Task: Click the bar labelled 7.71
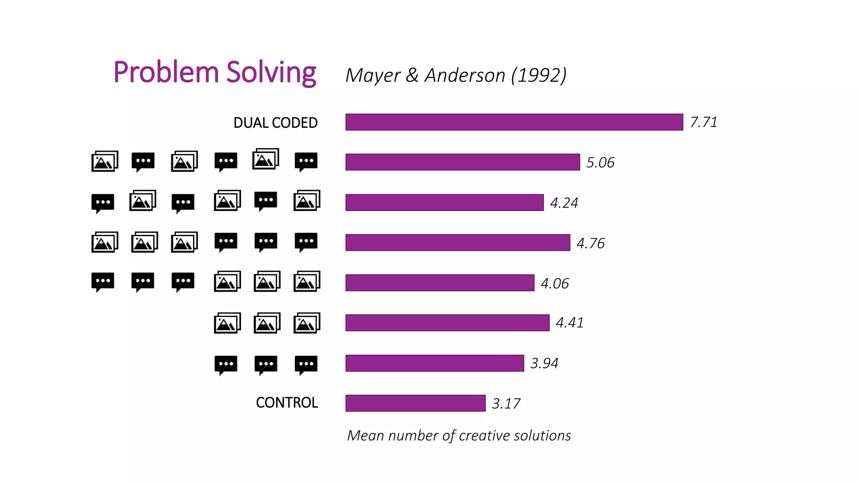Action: [x=514, y=122]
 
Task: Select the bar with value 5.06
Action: [x=462, y=162]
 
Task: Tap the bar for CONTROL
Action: [x=415, y=403]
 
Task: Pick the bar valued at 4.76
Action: [x=458, y=242]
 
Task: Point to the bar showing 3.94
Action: [x=435, y=363]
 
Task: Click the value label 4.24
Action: [x=564, y=203]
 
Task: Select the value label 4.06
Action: [x=555, y=284]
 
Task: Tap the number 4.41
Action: [x=569, y=323]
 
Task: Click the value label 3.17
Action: [x=506, y=404]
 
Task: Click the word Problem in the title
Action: [x=166, y=72]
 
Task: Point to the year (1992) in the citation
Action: [x=539, y=76]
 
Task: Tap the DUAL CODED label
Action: [x=275, y=123]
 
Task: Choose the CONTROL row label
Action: [x=287, y=402]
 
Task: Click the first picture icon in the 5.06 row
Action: [x=105, y=161]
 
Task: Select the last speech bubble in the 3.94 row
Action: [x=306, y=364]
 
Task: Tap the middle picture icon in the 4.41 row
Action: [x=267, y=323]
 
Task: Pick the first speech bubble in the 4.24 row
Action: [x=102, y=203]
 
